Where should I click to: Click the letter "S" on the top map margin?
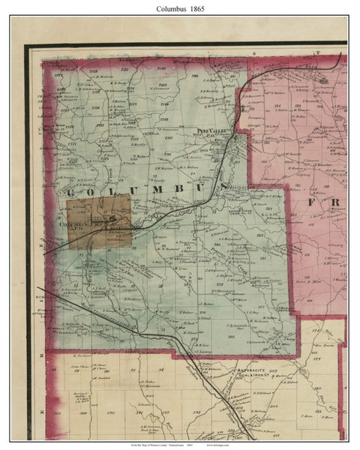pyautogui.click(x=254, y=54)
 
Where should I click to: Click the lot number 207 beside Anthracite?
pyautogui.click(x=280, y=367)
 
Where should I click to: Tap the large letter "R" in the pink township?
pyautogui.click(x=336, y=203)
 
